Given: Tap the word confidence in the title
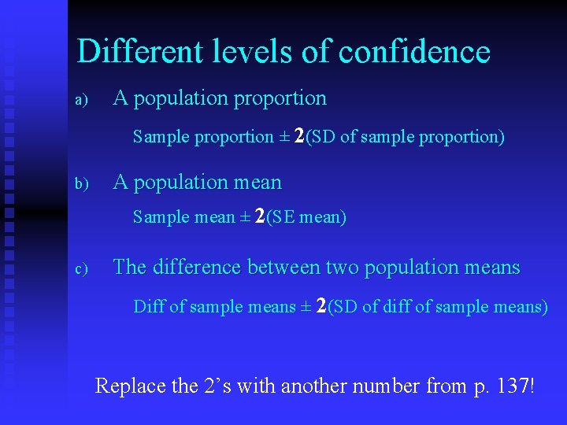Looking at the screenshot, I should point(414,52).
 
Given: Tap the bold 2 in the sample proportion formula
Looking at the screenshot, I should point(299,136).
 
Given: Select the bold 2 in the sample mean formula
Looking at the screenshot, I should point(260,216).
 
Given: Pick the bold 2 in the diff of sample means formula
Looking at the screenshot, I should point(321,305).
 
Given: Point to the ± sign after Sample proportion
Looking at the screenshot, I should point(284,137).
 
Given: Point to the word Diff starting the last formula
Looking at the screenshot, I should point(149,306).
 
